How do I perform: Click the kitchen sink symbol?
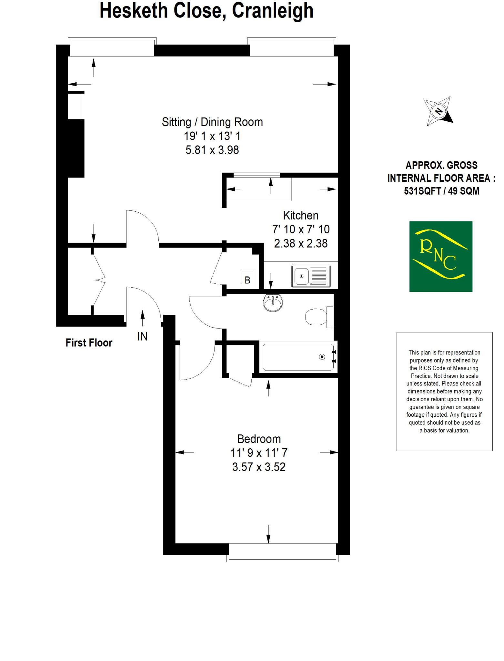click(311, 276)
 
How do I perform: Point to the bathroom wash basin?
click(273, 303)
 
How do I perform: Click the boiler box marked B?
click(247, 280)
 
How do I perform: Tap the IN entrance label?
click(142, 337)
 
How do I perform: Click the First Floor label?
click(89, 343)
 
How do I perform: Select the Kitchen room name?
click(300, 215)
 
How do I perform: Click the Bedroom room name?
click(259, 439)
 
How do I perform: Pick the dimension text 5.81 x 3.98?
click(212, 150)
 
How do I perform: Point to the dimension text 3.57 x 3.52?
click(259, 467)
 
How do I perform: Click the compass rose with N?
click(438, 111)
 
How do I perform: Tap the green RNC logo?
click(441, 256)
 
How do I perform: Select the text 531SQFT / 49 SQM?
click(441, 191)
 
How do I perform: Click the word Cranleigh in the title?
click(273, 10)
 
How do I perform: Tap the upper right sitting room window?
click(291, 47)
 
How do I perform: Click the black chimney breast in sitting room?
click(76, 148)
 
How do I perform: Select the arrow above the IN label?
click(142, 318)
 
